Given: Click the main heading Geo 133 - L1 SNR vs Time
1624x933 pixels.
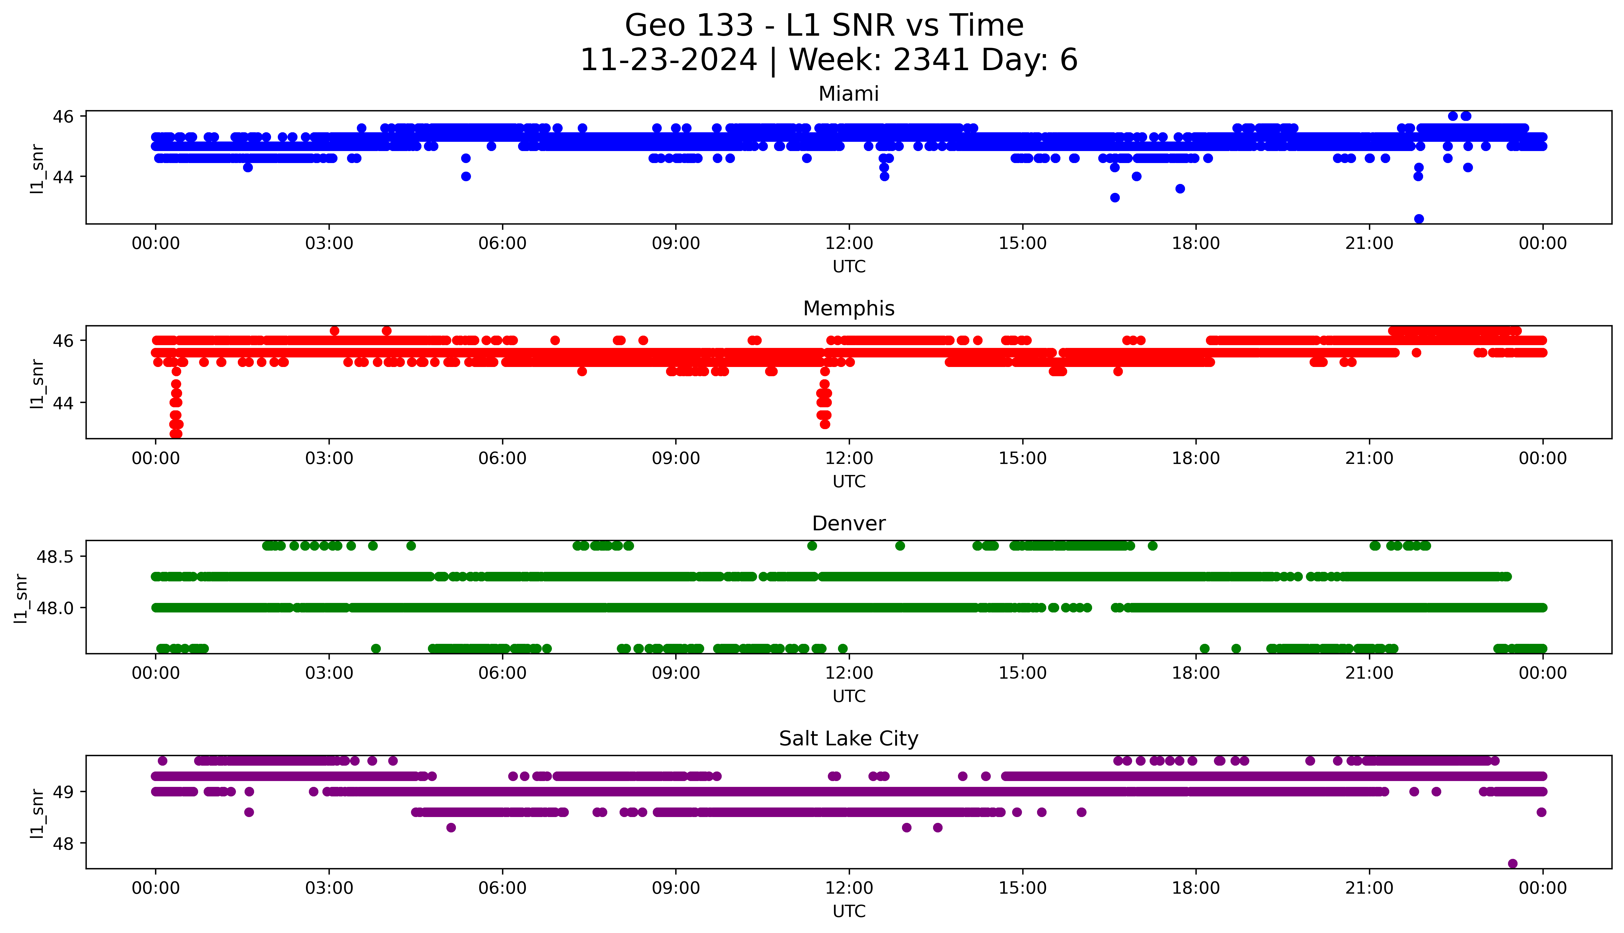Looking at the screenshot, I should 824,26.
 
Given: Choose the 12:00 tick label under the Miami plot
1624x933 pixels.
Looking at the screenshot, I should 849,244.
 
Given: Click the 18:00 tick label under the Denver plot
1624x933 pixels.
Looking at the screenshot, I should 1195,673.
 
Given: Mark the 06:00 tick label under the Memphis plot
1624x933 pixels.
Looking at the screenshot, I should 502,459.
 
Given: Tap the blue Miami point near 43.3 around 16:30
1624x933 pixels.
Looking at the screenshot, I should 1115,197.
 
